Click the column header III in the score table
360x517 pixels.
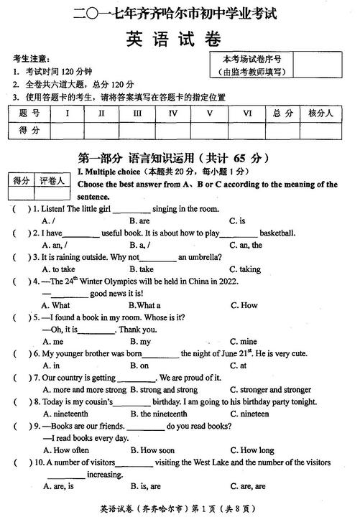[137, 113]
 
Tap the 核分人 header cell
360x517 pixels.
[320, 113]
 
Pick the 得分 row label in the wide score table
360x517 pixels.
[29, 130]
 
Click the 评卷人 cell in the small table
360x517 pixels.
[52, 180]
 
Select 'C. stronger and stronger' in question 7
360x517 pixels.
[271, 390]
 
